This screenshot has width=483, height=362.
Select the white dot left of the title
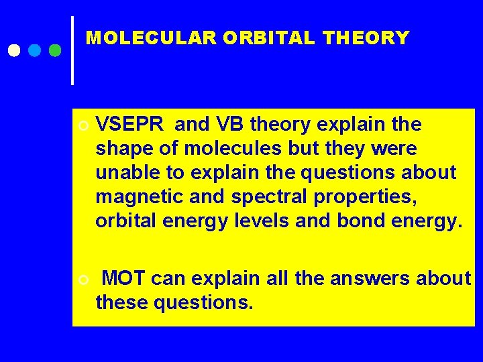[14, 50]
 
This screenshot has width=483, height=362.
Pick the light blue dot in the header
[35, 50]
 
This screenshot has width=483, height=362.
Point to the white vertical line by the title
[72, 50]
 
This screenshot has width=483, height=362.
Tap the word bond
[365, 221]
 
